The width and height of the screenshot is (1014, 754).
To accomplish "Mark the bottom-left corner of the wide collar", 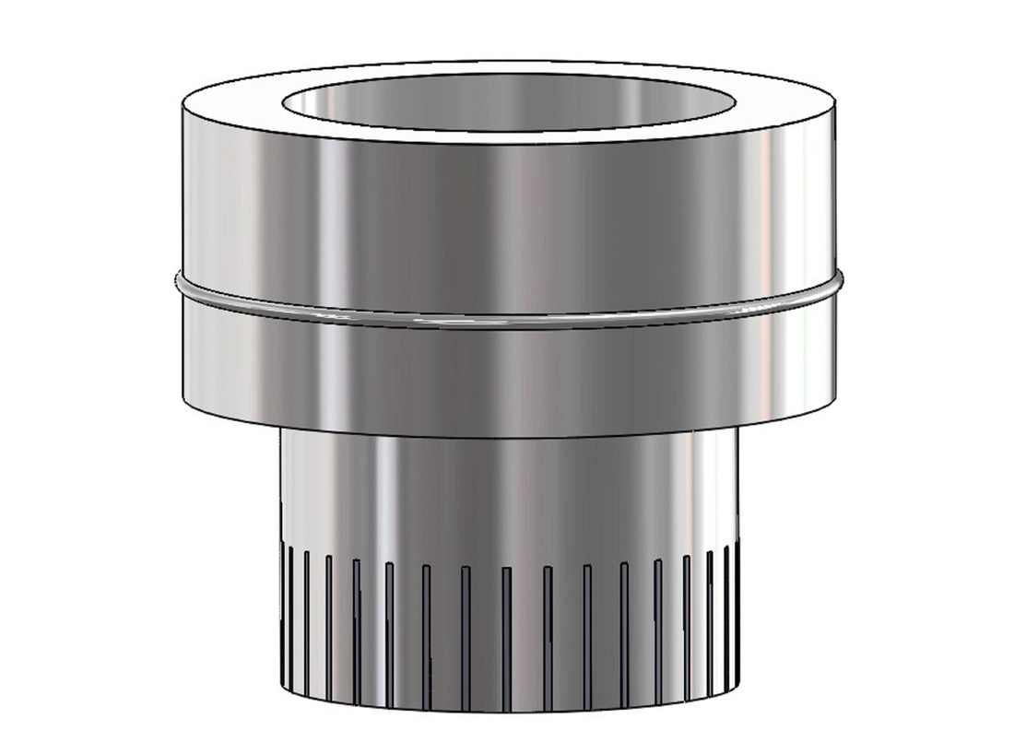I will coord(183,406).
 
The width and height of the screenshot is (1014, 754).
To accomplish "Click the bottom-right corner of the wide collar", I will coord(834,406).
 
